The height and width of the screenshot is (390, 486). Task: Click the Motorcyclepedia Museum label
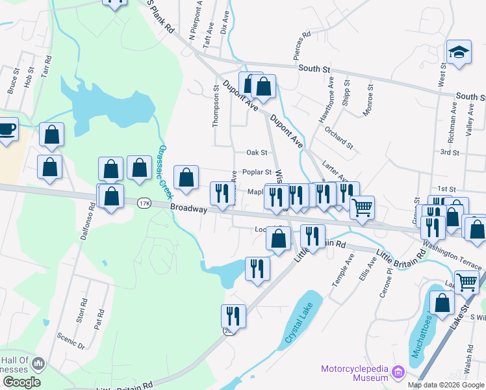point(354,374)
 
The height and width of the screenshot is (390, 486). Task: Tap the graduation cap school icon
point(459,53)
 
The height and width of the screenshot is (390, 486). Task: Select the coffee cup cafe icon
point(6,128)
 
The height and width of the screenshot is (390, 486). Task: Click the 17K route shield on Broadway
point(144,203)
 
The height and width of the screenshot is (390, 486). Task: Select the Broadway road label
point(188,209)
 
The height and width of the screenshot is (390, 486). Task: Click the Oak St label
point(257,153)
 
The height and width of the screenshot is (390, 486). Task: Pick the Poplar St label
point(257,172)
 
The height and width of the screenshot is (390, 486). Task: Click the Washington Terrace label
point(452,256)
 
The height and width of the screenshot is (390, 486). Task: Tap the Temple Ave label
point(350,267)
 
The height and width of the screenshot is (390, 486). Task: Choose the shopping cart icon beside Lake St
point(467,281)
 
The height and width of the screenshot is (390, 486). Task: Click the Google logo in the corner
point(21,382)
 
